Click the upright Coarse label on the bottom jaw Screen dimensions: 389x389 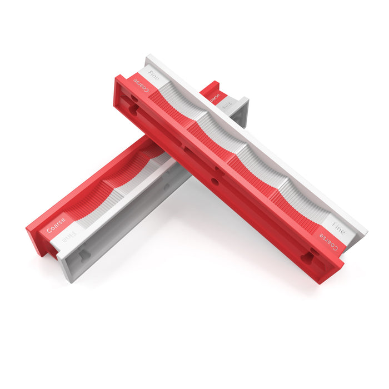56,225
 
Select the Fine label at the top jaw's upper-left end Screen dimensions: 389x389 152,77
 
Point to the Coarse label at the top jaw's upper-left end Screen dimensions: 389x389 141,86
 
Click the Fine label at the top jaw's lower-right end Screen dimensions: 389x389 338,227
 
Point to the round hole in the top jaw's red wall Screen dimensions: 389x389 215,181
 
